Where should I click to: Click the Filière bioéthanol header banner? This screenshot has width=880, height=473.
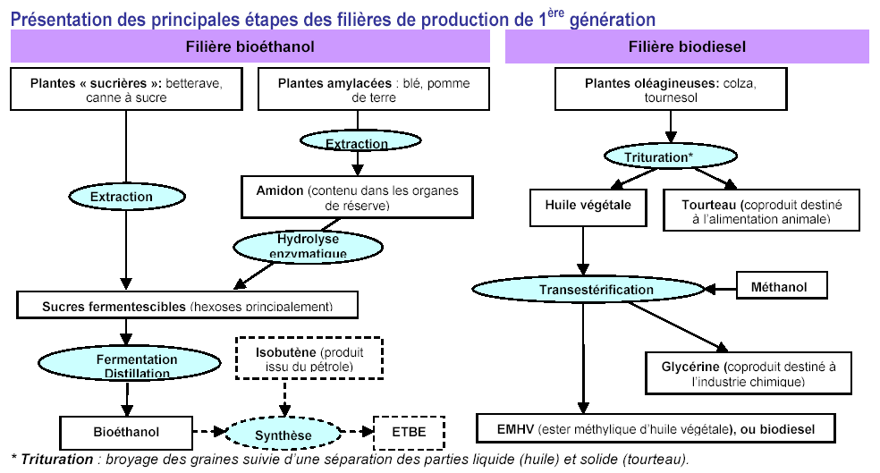tap(250, 46)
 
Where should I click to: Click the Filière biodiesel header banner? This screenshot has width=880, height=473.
tap(687, 46)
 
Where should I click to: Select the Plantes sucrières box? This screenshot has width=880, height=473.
tap(126, 89)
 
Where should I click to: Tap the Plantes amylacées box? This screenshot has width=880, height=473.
tap(374, 89)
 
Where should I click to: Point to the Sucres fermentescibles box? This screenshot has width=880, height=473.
tap(187, 305)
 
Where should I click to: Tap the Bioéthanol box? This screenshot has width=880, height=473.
tap(125, 433)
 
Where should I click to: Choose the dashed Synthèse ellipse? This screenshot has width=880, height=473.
tap(283, 435)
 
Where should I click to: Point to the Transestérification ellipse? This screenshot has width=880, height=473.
tap(596, 290)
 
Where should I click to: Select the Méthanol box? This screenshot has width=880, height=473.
tap(778, 286)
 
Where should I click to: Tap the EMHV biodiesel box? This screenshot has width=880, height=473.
tap(657, 429)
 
